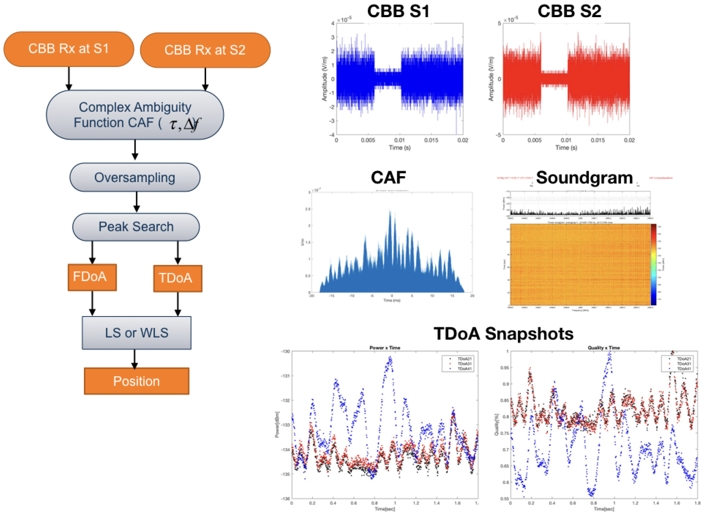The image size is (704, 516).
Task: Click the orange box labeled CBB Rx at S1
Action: click(x=69, y=49)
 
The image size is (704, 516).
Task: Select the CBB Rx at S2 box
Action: click(x=205, y=50)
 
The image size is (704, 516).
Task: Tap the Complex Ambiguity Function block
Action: click(x=135, y=115)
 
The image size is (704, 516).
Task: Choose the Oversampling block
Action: click(x=135, y=177)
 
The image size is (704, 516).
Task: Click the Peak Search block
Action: click(x=136, y=227)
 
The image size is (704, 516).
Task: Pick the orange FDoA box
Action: click(x=92, y=277)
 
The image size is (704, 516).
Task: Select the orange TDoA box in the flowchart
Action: click(x=178, y=278)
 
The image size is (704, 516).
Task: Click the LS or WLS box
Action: click(x=137, y=333)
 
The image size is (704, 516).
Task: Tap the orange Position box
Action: click(x=136, y=381)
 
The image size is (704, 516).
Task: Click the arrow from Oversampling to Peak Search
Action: click(x=136, y=202)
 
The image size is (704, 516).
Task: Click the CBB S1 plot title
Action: click(x=398, y=11)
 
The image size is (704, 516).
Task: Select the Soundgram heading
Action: click(x=584, y=178)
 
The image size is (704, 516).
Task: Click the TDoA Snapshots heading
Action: click(x=503, y=334)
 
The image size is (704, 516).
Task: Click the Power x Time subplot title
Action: click(x=385, y=348)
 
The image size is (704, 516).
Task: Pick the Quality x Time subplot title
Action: click(x=603, y=348)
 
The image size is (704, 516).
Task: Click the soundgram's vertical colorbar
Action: click(x=653, y=264)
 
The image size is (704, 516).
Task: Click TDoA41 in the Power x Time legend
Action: click(x=464, y=369)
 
